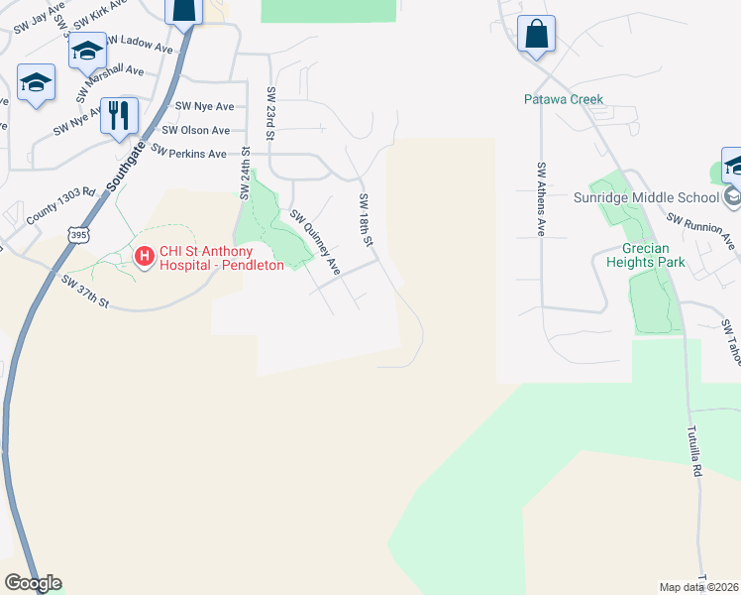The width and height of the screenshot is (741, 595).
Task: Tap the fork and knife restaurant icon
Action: (119, 115)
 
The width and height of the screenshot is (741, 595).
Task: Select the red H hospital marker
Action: (144, 258)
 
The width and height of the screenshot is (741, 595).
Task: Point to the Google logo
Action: (33, 583)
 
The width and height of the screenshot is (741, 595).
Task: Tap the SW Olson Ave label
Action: (195, 130)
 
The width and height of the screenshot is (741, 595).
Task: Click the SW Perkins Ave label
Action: (188, 154)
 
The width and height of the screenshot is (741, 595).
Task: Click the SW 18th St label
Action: (367, 220)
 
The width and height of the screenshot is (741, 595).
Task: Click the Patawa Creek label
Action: (564, 99)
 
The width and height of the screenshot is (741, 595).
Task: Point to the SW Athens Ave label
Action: (541, 198)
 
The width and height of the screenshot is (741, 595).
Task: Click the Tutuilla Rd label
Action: (693, 452)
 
